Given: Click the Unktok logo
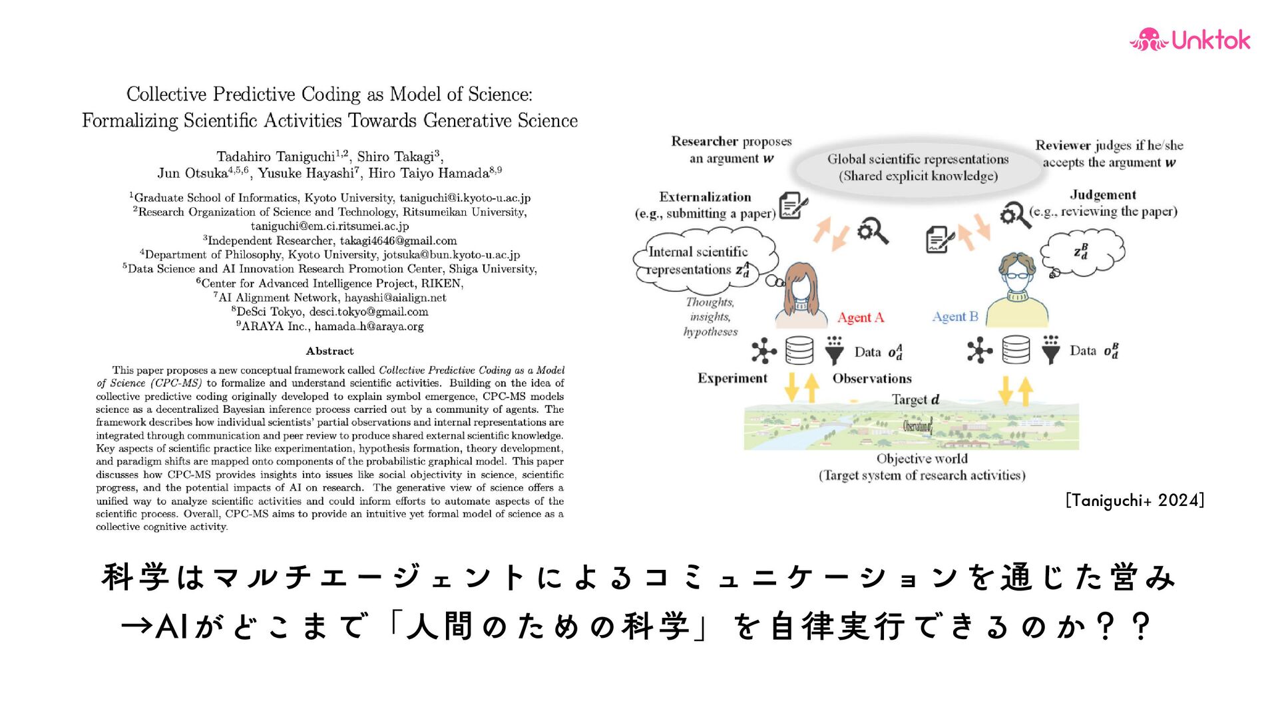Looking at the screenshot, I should click(1190, 40).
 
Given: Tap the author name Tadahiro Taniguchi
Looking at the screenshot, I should click(276, 157).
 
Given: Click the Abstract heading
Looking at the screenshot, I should click(329, 351).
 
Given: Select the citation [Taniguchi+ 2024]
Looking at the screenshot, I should click(1134, 500).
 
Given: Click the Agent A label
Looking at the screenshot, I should click(860, 318).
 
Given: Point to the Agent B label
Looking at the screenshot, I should click(955, 317).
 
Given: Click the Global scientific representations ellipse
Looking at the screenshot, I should click(918, 167).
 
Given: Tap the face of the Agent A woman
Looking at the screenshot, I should click(801, 286).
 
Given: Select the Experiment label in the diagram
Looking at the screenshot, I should click(732, 378).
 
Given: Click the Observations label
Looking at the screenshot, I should click(872, 378).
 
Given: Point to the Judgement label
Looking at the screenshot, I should click(1102, 195).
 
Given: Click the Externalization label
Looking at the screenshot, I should click(705, 197).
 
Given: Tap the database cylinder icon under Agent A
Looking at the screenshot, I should click(799, 350).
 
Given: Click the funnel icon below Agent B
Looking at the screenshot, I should click(1050, 350).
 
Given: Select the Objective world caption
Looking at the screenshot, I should click(922, 459).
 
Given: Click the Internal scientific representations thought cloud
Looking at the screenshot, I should click(702, 261).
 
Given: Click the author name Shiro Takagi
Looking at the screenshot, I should click(395, 157).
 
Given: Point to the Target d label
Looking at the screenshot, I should click(915, 399).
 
